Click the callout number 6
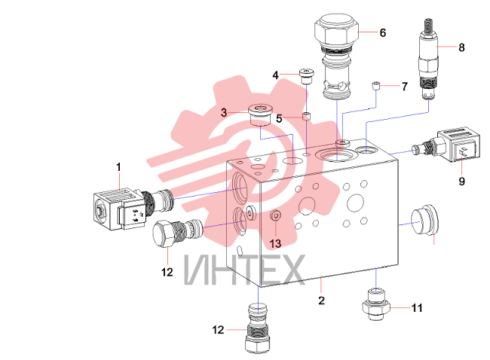point(383,33)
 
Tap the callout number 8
point(461,47)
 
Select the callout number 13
point(275,243)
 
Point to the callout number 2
point(322,301)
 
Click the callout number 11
point(417,308)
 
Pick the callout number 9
point(462,181)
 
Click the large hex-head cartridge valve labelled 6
point(336,56)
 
